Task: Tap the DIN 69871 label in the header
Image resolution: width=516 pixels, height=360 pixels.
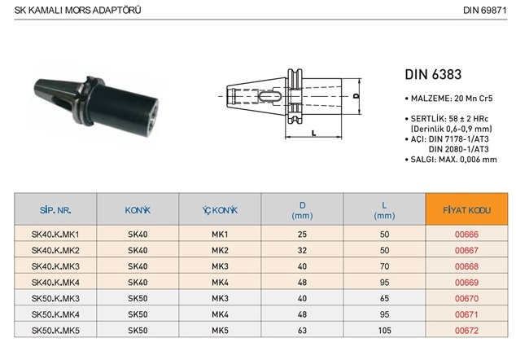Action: tap(486, 11)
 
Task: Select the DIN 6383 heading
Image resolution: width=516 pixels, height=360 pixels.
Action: tap(434, 75)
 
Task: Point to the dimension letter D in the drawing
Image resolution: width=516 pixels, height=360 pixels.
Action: tap(357, 96)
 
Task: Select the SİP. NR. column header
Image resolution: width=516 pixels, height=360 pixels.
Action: tap(55, 210)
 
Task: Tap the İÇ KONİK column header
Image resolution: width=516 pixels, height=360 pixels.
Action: tap(220, 210)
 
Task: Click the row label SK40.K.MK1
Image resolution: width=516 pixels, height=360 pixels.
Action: tap(55, 235)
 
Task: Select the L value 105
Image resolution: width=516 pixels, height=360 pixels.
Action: tap(384, 331)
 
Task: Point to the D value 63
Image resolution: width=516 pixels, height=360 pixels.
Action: tap(302, 331)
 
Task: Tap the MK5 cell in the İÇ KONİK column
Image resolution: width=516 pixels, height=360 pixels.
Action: tap(220, 331)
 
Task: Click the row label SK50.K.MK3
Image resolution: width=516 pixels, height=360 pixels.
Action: tap(55, 299)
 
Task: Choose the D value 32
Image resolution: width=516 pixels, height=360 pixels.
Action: tap(302, 251)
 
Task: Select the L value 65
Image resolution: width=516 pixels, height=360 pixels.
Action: tap(384, 299)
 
